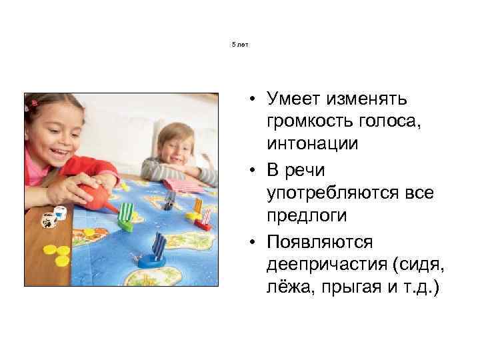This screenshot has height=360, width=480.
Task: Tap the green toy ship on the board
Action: [125, 217]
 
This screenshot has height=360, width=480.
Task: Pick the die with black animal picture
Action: [48, 221]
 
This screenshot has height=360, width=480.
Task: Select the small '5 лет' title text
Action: [239, 45]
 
